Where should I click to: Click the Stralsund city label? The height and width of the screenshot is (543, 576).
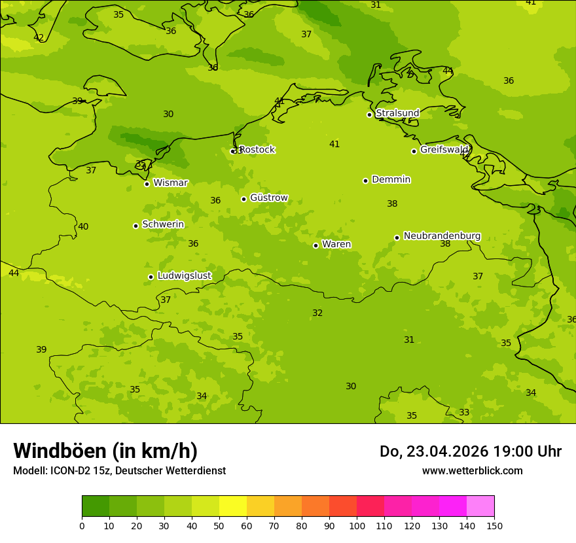[x=397, y=113]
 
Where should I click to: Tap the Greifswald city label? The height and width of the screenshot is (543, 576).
[x=444, y=150]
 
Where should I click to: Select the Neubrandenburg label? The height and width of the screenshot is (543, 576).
[x=442, y=236]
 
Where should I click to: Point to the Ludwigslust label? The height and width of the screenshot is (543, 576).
[x=184, y=276]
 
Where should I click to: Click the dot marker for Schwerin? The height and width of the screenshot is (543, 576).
[x=135, y=226]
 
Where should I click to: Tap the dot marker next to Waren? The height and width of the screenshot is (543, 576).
[x=315, y=245]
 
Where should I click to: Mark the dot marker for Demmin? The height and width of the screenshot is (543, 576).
[x=365, y=181]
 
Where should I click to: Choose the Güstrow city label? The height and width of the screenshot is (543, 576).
[x=268, y=198]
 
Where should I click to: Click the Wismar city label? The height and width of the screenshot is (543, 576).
[x=170, y=183]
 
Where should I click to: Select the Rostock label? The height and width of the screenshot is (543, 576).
[x=257, y=150]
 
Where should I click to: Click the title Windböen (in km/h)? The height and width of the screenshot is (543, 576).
[x=105, y=451]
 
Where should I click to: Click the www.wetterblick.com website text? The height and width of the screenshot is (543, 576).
[x=472, y=471]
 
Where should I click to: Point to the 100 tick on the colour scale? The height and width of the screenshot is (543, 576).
[x=357, y=525]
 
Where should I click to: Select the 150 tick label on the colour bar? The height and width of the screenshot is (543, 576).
[x=494, y=525]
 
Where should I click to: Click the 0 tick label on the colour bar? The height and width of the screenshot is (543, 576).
[x=82, y=525]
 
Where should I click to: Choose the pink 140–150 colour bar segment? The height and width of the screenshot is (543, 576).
[x=480, y=506]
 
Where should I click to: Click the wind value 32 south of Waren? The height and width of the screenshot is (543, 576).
[x=317, y=313]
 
